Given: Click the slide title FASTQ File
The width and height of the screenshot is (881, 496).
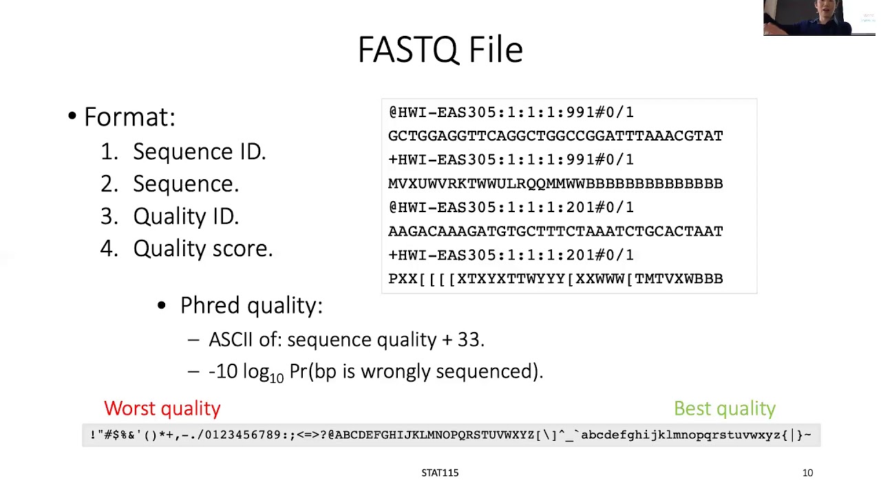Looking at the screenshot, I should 440,50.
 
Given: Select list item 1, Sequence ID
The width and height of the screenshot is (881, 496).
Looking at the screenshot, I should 199,152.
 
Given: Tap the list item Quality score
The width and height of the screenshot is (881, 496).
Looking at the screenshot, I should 202,249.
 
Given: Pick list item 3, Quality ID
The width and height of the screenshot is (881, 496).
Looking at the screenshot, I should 186,216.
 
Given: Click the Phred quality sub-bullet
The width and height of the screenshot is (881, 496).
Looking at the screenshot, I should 251,305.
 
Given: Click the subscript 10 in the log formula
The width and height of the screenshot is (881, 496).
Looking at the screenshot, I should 276,378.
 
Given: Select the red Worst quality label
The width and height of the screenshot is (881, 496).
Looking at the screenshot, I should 162,409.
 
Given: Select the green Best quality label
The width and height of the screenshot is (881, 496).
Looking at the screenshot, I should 724,409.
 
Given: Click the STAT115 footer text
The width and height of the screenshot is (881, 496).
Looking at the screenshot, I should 440,473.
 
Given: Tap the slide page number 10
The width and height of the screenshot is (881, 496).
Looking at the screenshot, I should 807,473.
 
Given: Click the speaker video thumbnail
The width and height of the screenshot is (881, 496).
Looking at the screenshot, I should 818,17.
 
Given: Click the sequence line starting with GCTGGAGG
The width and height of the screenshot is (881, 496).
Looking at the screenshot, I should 555,136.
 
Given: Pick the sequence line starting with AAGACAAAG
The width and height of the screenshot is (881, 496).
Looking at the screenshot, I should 555,231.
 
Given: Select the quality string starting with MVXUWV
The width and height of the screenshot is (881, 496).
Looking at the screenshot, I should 555,183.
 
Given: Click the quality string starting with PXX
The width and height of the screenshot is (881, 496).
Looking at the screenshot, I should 555,279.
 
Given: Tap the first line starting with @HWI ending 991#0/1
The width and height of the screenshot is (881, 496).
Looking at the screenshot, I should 511,112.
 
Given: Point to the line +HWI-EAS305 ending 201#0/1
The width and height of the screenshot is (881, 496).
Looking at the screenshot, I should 511,255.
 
